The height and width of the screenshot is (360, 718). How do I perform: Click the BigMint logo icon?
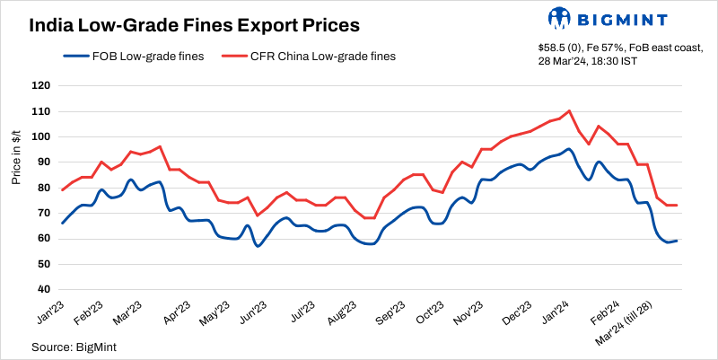[559, 18]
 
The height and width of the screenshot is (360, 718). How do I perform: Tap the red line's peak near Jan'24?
[570, 111]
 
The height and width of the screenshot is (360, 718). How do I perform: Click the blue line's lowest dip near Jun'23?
[258, 245]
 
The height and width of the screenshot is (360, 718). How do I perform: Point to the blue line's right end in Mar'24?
[676, 241]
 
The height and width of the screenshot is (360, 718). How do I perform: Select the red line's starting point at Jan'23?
[62, 189]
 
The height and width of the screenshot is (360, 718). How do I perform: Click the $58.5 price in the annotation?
[551, 48]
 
